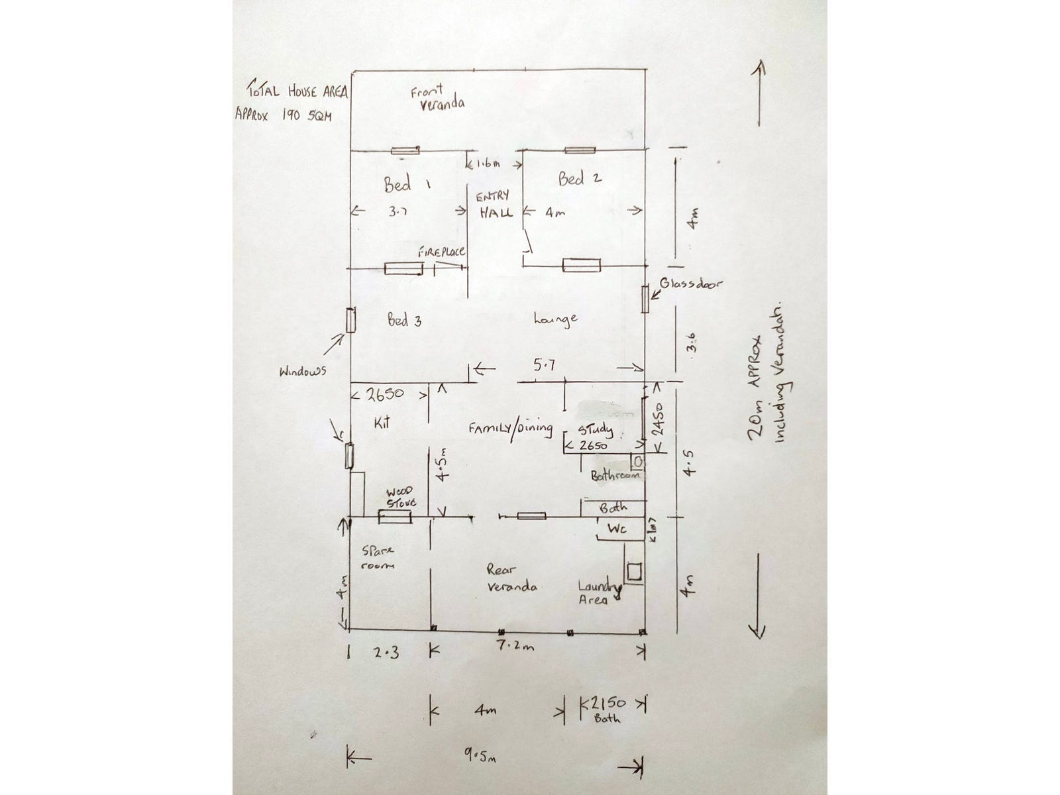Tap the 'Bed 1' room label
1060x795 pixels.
click(x=403, y=184)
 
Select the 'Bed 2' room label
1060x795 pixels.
click(x=580, y=178)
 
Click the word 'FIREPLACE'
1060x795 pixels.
click(x=441, y=252)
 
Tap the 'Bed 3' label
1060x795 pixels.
click(x=403, y=321)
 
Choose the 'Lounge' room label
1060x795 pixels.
click(x=555, y=319)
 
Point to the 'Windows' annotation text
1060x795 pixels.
click(x=303, y=372)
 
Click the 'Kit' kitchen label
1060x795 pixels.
click(x=381, y=421)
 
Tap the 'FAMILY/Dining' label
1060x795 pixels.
click(x=510, y=428)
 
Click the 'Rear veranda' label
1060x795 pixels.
click(x=511, y=578)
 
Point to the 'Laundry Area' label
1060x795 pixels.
click(x=599, y=593)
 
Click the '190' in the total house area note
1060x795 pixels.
click(x=291, y=113)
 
